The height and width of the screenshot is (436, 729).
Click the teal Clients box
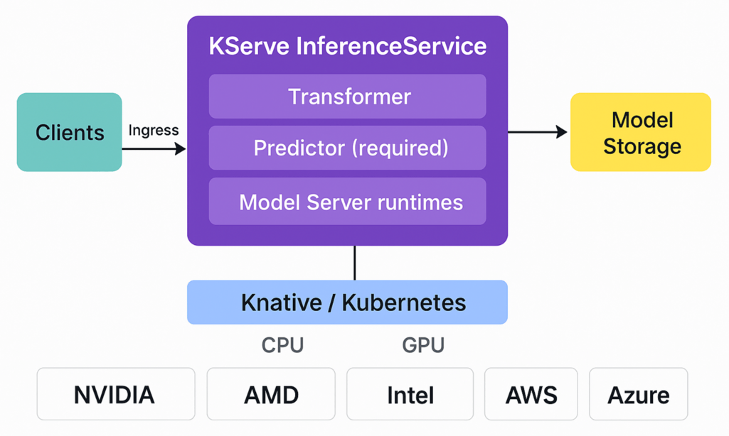(x=70, y=132)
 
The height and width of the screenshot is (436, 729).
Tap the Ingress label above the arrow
(x=154, y=131)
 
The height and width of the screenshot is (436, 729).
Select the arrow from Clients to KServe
(x=154, y=148)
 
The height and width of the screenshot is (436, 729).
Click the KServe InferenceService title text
(x=347, y=46)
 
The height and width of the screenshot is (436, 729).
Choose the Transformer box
(x=347, y=96)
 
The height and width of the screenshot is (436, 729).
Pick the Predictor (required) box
(x=347, y=148)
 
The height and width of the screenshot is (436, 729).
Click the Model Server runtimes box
(x=347, y=202)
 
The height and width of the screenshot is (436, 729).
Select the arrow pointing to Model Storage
(x=537, y=131)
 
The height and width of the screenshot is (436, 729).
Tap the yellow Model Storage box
(x=641, y=132)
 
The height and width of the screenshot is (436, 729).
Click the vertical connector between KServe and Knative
(x=354, y=263)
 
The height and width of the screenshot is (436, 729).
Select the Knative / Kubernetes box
(x=347, y=303)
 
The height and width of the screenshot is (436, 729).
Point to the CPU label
(x=282, y=345)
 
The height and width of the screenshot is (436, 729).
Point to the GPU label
(x=423, y=345)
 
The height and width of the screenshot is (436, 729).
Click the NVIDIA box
(x=115, y=394)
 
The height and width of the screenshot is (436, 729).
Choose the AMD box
(x=271, y=394)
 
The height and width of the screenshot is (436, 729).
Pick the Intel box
(x=410, y=394)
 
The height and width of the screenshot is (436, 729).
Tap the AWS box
(x=531, y=394)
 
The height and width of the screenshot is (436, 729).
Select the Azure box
(x=638, y=394)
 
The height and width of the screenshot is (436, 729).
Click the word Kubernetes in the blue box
(x=404, y=303)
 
